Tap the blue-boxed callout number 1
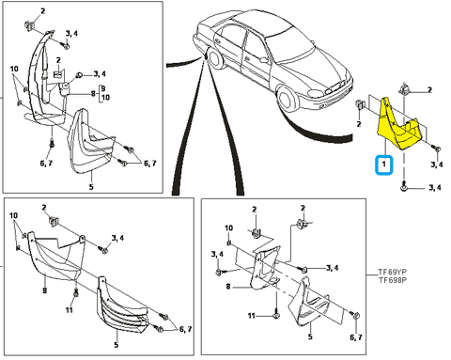(383, 164)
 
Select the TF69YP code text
(393, 272)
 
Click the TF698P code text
(393, 280)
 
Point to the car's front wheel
(287, 98)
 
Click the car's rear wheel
(215, 58)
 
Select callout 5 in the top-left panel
(91, 187)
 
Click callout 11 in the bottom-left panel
(70, 310)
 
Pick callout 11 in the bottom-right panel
(252, 316)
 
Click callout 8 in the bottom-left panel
(44, 290)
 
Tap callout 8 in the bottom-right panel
(228, 287)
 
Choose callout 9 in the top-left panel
(103, 88)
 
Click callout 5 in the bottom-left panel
(117, 345)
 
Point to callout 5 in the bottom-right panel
(310, 337)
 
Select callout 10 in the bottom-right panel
(229, 227)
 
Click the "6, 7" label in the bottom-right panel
(356, 337)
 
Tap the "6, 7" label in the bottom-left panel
(185, 329)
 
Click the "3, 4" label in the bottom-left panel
(117, 238)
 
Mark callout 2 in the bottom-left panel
(44, 208)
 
